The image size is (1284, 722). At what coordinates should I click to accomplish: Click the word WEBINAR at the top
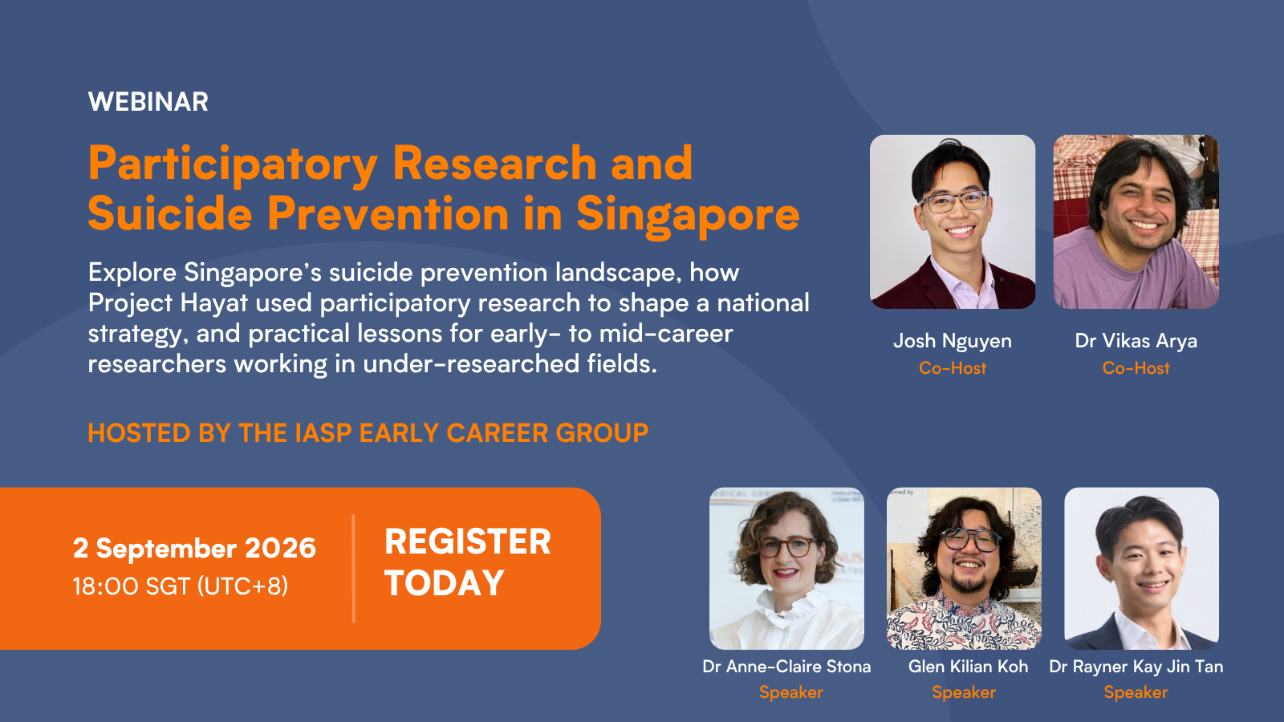pos(148,102)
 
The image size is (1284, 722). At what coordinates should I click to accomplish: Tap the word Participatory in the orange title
pos(233,165)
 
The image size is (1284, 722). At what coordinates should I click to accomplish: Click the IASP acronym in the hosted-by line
pos(323,433)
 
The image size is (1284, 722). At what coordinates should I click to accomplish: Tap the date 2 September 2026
pos(194,549)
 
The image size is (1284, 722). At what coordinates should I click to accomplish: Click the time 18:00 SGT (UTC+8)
pos(181,586)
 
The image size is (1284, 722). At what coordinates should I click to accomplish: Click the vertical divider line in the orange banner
pos(354,568)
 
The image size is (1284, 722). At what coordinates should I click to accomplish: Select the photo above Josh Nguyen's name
pos(953,221)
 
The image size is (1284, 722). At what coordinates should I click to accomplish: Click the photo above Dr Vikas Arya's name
pos(1136,221)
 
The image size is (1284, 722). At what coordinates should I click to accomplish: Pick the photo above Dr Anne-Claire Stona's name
pos(786,569)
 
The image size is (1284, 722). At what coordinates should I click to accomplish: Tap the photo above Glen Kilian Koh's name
pos(964,569)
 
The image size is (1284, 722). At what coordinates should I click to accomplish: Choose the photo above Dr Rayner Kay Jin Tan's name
pos(1141,569)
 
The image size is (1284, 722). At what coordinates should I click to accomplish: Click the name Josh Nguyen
pos(953,341)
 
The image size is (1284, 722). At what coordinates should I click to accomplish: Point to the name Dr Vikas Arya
pos(1136,341)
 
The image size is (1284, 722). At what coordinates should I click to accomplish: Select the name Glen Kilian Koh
pos(968,667)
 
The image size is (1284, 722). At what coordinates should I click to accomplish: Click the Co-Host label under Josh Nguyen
pos(953,368)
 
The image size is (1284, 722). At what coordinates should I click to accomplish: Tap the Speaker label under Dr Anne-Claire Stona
pos(791,692)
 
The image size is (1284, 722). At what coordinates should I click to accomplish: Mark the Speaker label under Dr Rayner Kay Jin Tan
pos(1136,692)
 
